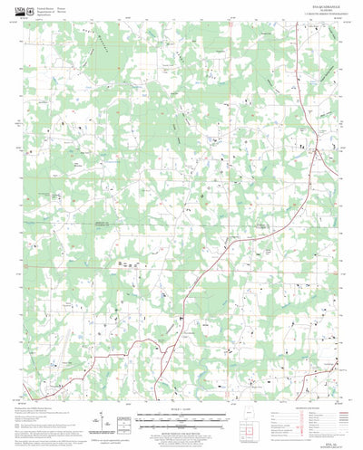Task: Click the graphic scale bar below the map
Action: click(x=181, y=421)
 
